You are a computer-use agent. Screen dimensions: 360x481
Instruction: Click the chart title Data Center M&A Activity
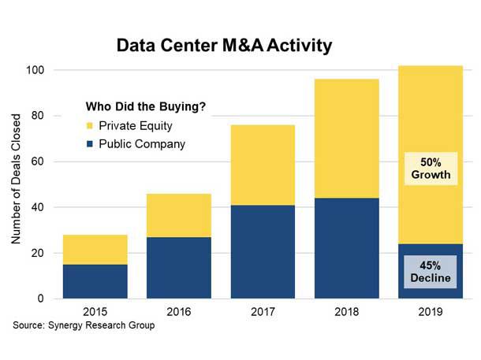(224, 46)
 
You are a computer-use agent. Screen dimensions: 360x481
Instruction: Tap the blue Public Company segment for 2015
(95, 281)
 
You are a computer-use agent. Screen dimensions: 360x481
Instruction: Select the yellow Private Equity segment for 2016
(179, 215)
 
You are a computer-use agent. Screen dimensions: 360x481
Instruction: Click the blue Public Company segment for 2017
(263, 252)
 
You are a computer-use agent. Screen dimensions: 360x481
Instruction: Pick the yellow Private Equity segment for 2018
(346, 139)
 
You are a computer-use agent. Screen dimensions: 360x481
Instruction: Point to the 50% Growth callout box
(431, 167)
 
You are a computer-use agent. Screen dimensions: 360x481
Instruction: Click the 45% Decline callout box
(431, 271)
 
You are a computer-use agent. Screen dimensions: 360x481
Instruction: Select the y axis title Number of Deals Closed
(17, 183)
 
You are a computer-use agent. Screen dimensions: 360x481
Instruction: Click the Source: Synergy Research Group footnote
(83, 325)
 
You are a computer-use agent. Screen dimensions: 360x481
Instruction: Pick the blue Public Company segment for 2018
(346, 248)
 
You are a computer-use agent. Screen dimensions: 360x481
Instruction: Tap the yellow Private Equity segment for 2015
(95, 249)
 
